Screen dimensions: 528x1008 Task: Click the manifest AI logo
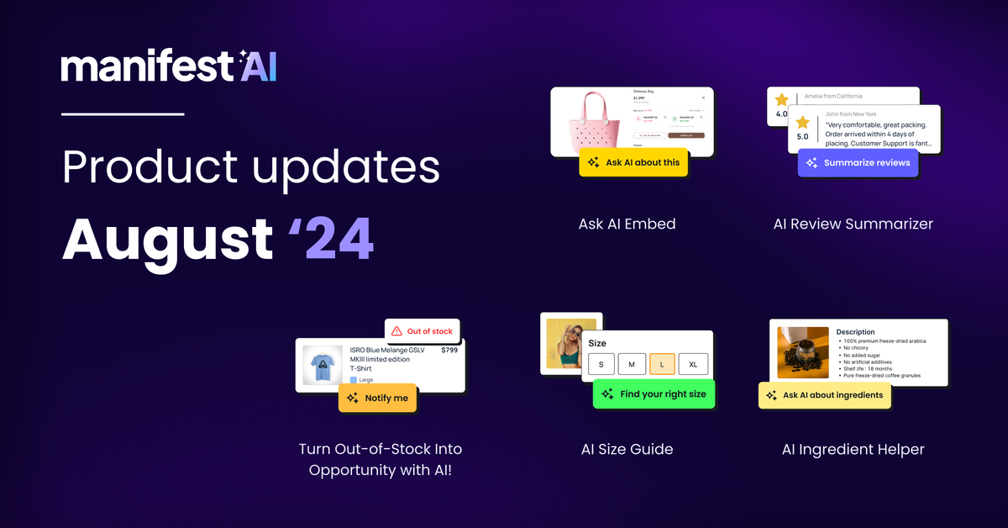click(x=168, y=66)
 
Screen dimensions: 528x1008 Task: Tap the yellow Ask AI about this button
click(x=633, y=162)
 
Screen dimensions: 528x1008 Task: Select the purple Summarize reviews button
click(x=857, y=162)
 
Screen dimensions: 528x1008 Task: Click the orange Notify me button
click(x=377, y=398)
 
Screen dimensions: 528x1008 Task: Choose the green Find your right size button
click(x=654, y=393)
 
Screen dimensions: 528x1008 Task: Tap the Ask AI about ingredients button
click(x=824, y=394)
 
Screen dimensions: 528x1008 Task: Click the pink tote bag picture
click(x=592, y=121)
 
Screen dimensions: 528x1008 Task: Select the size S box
click(x=601, y=364)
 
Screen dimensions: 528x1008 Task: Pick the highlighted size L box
click(x=663, y=364)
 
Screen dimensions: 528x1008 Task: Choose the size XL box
click(x=693, y=364)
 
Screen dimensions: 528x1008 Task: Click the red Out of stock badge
click(x=423, y=331)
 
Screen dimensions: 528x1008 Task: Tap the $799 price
click(x=449, y=350)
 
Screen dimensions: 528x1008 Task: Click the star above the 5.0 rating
click(x=802, y=123)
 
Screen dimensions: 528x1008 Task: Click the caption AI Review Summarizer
click(x=853, y=224)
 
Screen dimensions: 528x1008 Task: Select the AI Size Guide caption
click(x=627, y=449)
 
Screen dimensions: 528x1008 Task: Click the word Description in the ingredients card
click(x=855, y=332)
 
